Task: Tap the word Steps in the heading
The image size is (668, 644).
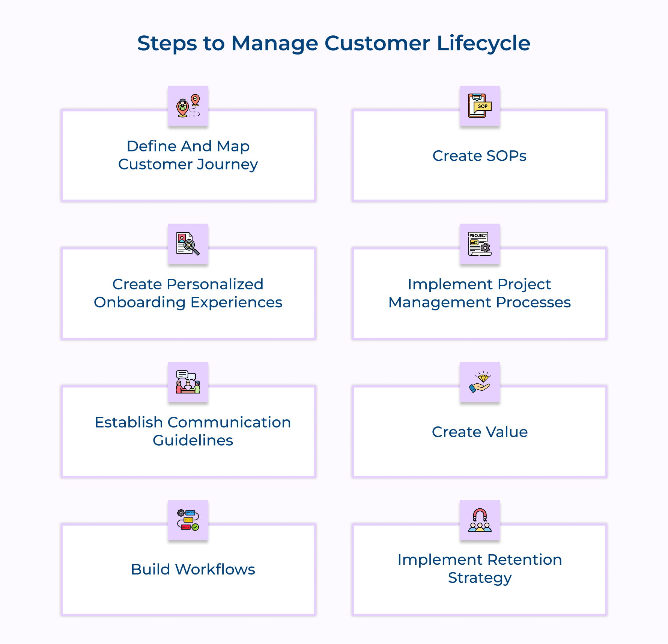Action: pos(167,44)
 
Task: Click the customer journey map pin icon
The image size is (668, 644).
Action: pos(188,106)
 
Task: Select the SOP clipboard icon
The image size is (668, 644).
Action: pos(480,106)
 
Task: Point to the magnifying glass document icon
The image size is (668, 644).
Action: pos(188,244)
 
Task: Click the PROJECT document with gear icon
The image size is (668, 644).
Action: pos(480,244)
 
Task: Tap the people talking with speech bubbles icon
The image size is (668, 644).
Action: pos(188,382)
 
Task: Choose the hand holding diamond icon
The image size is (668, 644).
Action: pos(480,382)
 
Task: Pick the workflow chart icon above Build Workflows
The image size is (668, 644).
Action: pos(188,520)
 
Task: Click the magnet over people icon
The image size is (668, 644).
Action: pos(480,520)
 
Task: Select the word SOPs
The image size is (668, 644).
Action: pos(506,156)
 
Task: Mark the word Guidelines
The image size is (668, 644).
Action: pos(193,440)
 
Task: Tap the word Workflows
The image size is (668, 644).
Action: pos(215,570)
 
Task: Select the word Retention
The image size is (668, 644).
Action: pos(524,560)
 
